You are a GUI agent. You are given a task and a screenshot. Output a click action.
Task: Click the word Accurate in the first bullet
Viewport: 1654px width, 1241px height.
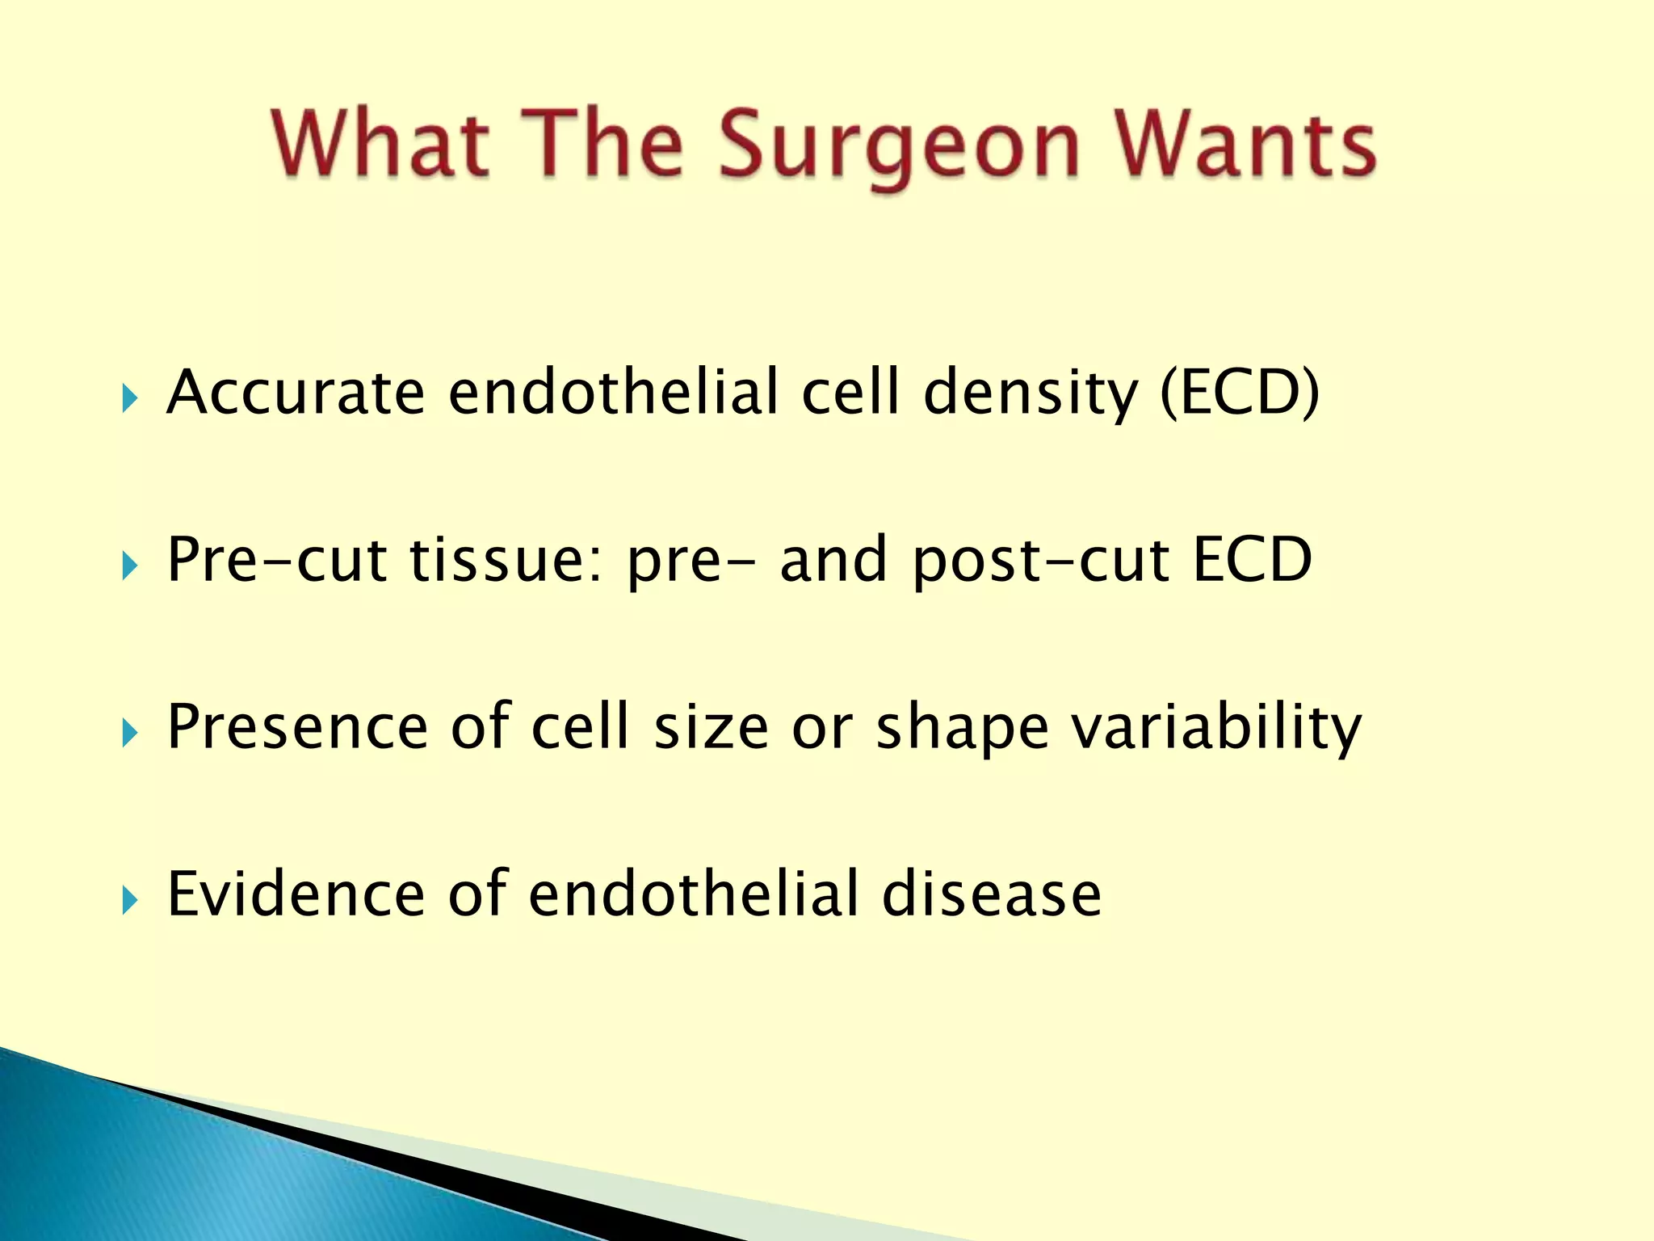(x=295, y=393)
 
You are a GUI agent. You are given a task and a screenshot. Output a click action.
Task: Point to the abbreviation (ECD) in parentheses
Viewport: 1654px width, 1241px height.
(x=1240, y=393)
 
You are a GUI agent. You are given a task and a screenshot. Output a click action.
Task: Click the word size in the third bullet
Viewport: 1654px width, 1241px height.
(x=711, y=728)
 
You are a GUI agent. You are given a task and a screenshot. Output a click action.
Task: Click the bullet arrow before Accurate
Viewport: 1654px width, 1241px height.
(x=129, y=398)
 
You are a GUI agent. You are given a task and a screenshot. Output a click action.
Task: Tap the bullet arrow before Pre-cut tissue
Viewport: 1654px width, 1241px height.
(x=129, y=566)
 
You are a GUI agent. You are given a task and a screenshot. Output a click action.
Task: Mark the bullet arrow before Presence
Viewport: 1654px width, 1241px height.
(x=129, y=733)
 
